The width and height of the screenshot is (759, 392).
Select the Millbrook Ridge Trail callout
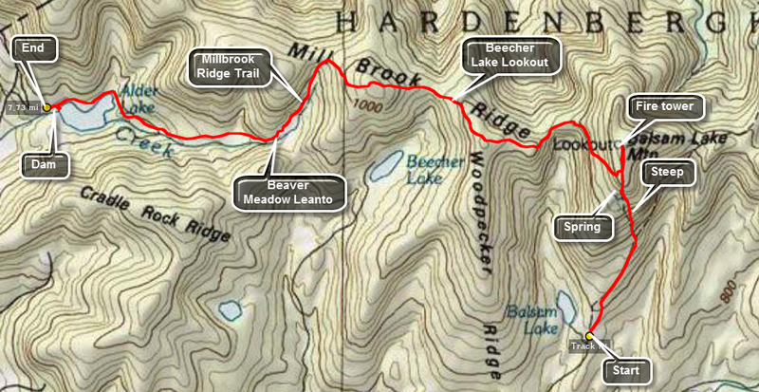[x=233, y=65]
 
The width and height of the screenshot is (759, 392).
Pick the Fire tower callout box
[x=665, y=107]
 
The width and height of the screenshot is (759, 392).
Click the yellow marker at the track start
[x=589, y=336]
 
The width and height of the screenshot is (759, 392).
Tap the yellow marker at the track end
[x=46, y=107]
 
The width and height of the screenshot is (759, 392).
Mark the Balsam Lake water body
[x=566, y=306]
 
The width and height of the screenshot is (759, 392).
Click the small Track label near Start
[x=582, y=345]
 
